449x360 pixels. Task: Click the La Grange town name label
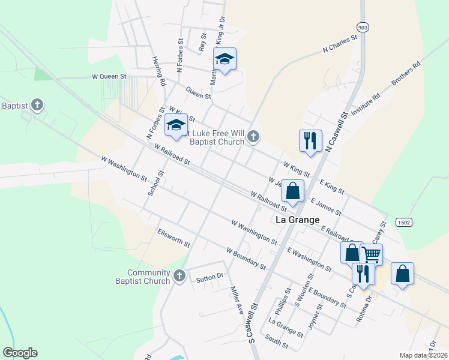tap(297, 220)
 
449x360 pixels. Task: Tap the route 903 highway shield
tap(362, 28)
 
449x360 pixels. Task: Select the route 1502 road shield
tap(404, 222)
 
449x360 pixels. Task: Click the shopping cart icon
tap(371, 254)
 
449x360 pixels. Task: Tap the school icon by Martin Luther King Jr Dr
tap(225, 59)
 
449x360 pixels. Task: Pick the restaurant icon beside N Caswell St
tap(310, 140)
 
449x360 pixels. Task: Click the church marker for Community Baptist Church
tap(178, 277)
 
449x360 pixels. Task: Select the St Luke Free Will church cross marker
tap(253, 137)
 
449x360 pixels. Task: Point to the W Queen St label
tap(109, 77)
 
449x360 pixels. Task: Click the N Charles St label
tap(340, 45)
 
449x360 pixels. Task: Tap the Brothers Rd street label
tap(406, 75)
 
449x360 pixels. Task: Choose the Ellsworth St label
tap(173, 238)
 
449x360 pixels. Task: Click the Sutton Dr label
tap(209, 277)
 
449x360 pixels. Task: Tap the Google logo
tap(20, 353)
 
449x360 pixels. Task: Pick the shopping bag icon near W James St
tap(292, 191)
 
